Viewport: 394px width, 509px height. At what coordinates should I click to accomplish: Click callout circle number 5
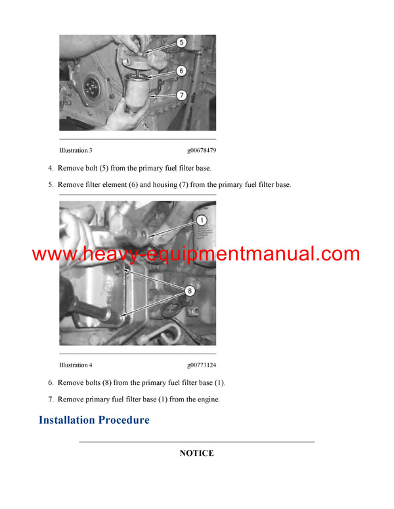tap(181, 42)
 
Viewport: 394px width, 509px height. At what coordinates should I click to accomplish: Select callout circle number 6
tap(181, 71)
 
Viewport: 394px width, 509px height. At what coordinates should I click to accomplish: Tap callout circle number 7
tap(181, 95)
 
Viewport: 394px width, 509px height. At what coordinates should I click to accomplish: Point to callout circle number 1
tap(202, 220)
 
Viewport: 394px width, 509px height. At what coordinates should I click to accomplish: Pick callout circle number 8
tap(190, 291)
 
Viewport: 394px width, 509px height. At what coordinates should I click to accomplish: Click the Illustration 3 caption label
tap(76, 150)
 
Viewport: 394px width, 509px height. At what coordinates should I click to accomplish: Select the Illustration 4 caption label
tap(76, 365)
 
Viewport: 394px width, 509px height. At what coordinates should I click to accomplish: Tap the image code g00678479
tap(202, 151)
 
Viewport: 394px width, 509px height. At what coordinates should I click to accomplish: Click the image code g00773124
tap(202, 365)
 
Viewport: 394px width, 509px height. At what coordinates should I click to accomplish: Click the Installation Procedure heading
tap(95, 420)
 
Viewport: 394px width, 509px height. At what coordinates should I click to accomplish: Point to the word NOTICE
tap(197, 453)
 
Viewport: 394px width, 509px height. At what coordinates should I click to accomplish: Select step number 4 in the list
tap(51, 168)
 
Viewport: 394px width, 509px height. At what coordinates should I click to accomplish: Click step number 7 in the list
tap(51, 399)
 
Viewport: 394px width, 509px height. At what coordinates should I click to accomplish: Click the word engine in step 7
tap(209, 400)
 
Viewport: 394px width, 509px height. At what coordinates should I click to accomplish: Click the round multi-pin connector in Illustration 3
tap(92, 87)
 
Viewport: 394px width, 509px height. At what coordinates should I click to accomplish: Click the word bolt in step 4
tap(91, 168)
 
